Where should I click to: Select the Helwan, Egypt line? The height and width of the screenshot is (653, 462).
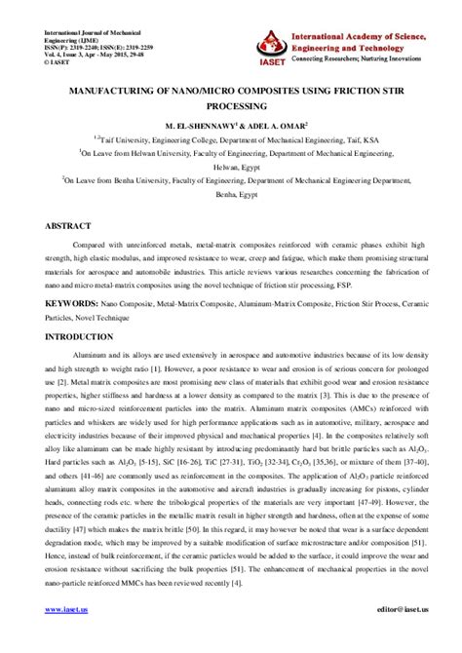pos(231,166)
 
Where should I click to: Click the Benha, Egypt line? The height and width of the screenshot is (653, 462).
pos(231,193)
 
